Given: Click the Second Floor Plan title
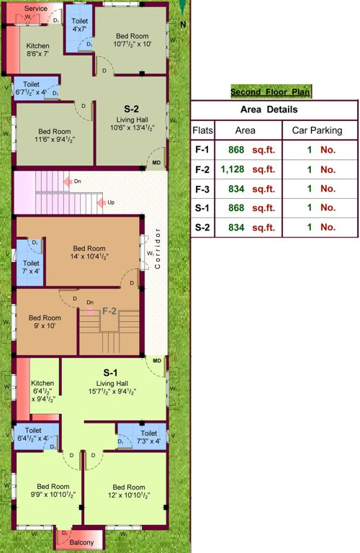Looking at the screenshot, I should click(271, 92).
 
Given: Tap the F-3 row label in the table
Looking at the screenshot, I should click(202, 189).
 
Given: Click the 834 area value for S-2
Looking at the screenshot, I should click(235, 227).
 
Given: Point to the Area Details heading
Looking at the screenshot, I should click(274, 109).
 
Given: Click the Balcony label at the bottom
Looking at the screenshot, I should click(81, 541).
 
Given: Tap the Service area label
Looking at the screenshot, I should click(35, 9).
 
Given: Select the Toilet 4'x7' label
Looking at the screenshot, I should click(80, 25).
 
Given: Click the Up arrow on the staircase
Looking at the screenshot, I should click(104, 203).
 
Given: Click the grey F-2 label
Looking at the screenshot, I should click(109, 311).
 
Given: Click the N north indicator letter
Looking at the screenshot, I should click(184, 24).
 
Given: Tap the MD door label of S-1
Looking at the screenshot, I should click(157, 360).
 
